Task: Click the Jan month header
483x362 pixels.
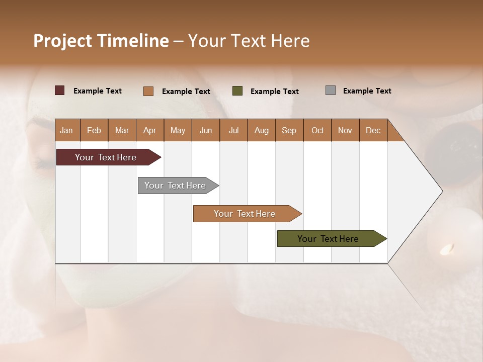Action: (66, 130)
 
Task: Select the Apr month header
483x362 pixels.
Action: (149, 130)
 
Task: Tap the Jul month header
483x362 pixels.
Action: (233, 130)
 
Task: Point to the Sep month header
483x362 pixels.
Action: (289, 130)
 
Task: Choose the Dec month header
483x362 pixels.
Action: (373, 130)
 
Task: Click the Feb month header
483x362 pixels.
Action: (94, 130)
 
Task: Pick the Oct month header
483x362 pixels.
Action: (317, 130)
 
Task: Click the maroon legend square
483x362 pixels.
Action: (60, 90)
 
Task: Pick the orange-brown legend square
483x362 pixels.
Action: (148, 91)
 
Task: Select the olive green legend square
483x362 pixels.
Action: (237, 91)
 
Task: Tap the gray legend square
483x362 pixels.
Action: (331, 90)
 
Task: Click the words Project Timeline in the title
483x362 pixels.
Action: (101, 41)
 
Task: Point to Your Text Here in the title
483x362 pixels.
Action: (249, 41)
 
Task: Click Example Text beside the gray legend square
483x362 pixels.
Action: (367, 91)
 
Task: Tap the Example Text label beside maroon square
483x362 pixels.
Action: (98, 91)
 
